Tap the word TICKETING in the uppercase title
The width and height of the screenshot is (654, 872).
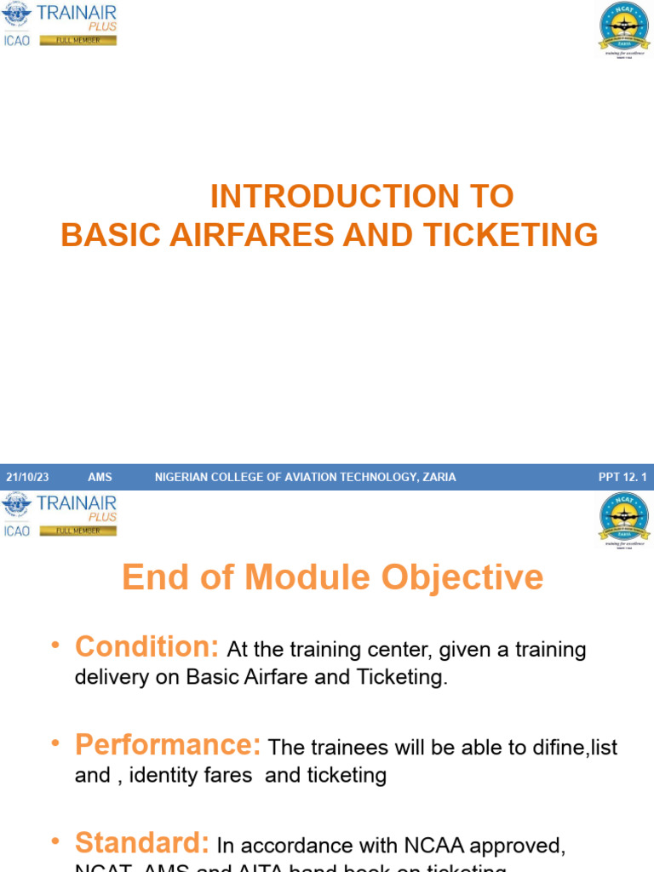(x=510, y=235)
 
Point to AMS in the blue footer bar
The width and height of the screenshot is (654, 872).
(x=100, y=477)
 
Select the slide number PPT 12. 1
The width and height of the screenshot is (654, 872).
(x=622, y=477)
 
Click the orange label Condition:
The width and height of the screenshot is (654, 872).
(x=147, y=647)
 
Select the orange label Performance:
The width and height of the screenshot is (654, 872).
(x=168, y=745)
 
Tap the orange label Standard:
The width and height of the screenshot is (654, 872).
(x=142, y=843)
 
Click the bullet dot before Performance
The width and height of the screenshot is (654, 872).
(x=55, y=743)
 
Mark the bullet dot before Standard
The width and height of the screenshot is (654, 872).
(x=55, y=841)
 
